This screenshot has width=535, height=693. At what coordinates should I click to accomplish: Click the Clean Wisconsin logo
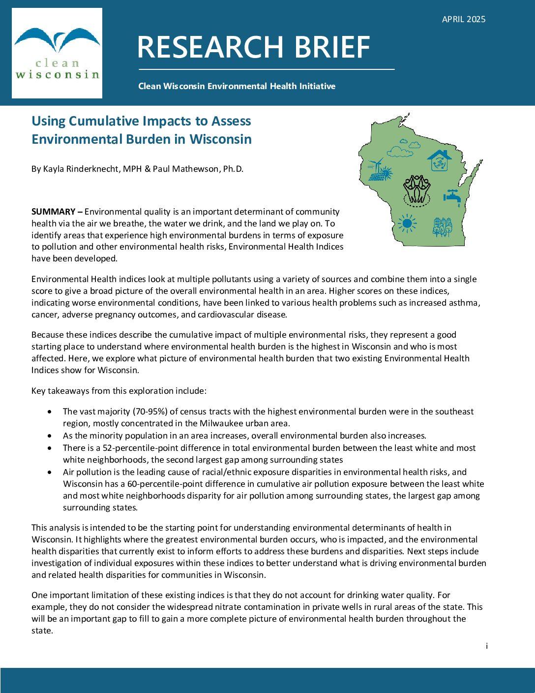coord(57,53)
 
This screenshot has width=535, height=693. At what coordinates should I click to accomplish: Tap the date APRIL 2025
coord(463,19)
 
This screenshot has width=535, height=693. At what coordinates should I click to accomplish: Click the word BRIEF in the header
coord(332,48)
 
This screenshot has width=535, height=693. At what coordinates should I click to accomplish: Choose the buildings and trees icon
coord(442,227)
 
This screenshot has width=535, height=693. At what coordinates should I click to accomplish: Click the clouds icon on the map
coord(404,148)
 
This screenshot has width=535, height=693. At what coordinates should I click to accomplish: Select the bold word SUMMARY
coord(53,212)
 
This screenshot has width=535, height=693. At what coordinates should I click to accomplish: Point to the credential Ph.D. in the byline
coord(233,169)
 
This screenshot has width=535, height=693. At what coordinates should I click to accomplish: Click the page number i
coord(486,646)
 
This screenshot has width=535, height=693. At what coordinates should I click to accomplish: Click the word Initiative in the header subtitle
coord(318,86)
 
